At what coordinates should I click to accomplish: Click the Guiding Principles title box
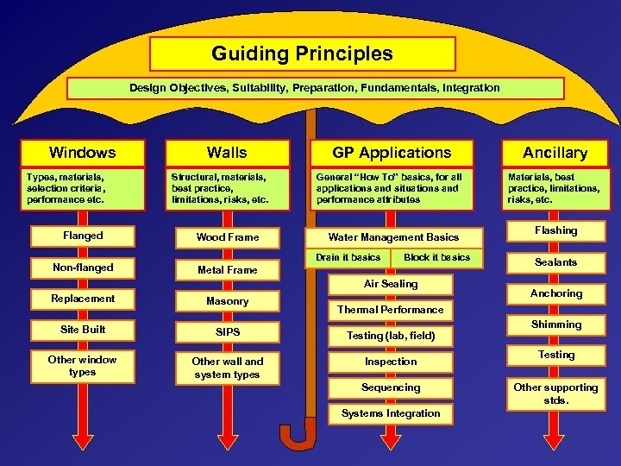[x=302, y=54]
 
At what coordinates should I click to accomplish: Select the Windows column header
[x=82, y=153]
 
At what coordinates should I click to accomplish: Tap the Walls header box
[x=227, y=153]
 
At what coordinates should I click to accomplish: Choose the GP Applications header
[x=392, y=153]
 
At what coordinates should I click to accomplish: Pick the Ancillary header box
[x=555, y=153]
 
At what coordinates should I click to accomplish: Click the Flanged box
[x=83, y=236]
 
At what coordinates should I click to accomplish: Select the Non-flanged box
[x=83, y=268]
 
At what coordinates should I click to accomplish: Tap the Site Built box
[x=83, y=330]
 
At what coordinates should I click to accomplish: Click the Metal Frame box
[x=227, y=270]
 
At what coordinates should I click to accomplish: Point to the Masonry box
[x=227, y=301]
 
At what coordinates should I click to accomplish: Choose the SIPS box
[x=227, y=332]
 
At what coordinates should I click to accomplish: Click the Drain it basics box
[x=348, y=257]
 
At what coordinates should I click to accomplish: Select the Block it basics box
[x=436, y=257]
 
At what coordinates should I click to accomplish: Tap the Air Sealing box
[x=391, y=284]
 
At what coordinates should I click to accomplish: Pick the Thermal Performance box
[x=391, y=310]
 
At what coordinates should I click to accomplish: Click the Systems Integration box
[x=391, y=413]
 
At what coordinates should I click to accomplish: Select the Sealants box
[x=555, y=262]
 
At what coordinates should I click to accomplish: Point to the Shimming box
[x=555, y=324]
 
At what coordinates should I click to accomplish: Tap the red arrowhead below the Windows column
[x=83, y=441]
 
